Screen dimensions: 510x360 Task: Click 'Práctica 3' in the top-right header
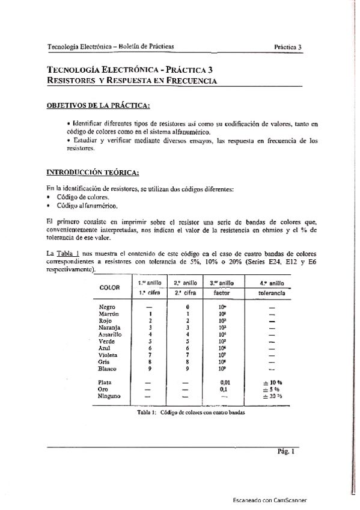(288, 46)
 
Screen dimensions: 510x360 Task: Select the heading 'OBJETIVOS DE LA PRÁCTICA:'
(98, 106)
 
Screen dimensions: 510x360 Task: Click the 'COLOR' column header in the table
(110, 287)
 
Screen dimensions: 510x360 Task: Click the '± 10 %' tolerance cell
(271, 382)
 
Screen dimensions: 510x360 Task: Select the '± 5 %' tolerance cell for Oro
(271, 389)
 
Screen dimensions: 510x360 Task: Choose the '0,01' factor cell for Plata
(226, 382)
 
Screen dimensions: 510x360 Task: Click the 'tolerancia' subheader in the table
(272, 292)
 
